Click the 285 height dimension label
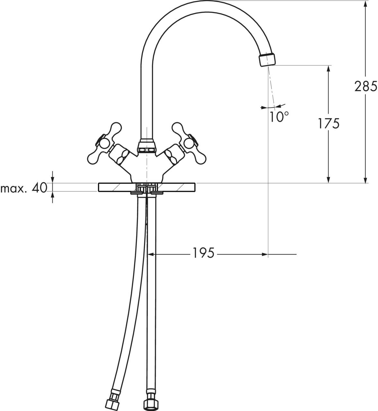[x=366, y=86]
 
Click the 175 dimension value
[x=329, y=124]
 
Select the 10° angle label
[x=279, y=117]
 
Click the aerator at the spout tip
[x=267, y=59]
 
